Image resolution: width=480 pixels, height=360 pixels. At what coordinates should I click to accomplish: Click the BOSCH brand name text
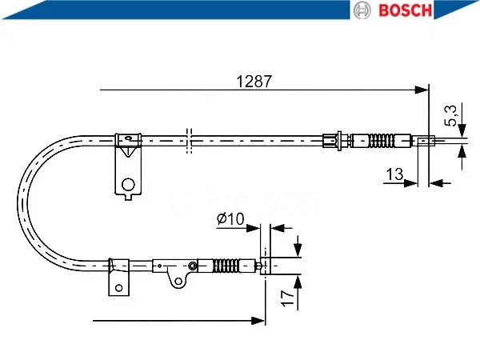405,10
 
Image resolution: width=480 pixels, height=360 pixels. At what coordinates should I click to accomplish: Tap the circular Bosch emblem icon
362,10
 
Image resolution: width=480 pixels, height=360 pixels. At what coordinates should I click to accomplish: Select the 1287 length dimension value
254,82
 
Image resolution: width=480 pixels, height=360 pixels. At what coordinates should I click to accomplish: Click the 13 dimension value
394,174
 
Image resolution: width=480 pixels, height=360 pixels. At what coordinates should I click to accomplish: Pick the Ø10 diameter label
230,218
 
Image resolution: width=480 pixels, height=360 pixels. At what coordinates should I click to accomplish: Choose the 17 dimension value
288,298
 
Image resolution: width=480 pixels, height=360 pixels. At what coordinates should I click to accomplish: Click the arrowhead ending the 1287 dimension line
422,90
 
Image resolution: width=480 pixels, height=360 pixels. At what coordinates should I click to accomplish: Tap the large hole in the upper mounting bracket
128,185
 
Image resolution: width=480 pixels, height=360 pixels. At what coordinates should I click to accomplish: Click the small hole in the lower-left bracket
118,288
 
